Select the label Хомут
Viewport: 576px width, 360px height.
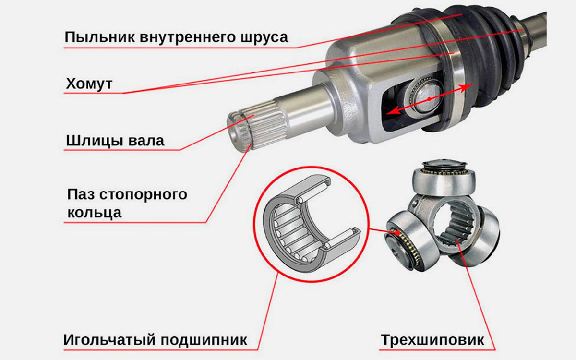88,84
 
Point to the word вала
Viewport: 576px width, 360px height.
146,140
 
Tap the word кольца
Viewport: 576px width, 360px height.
94,212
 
